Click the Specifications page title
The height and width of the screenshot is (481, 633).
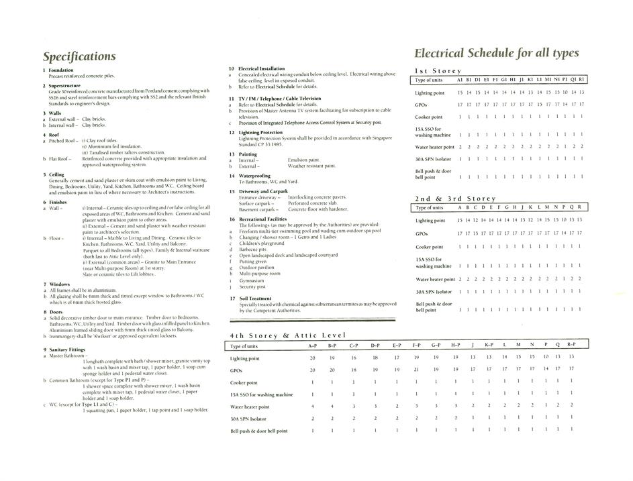(79, 56)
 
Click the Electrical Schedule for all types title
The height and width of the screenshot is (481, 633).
(496, 52)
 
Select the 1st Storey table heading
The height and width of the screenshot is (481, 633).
(438, 70)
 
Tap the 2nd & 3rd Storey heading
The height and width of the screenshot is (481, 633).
(455, 199)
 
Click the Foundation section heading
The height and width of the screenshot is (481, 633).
(61, 70)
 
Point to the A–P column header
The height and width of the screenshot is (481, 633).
(312, 346)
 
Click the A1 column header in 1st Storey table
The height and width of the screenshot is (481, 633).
(460, 80)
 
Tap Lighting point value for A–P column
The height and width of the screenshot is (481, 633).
(312, 358)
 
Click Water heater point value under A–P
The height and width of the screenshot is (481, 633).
(312, 406)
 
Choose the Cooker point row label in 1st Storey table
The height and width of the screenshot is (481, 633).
(428, 117)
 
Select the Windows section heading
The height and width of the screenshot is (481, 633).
(60, 284)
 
